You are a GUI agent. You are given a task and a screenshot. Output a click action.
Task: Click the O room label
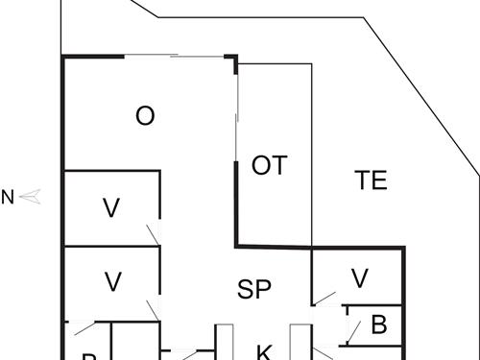click(145, 116)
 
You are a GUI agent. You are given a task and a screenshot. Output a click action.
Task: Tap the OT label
click(270, 165)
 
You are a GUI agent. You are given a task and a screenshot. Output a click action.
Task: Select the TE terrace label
click(371, 180)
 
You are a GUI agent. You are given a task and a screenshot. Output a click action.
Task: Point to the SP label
click(255, 287)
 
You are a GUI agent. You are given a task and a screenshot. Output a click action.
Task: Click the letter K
click(263, 351)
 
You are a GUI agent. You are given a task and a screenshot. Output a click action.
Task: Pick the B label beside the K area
click(378, 324)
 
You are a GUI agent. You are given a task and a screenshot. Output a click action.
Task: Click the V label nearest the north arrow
click(111, 206)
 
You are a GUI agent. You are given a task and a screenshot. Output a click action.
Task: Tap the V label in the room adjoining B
click(359, 278)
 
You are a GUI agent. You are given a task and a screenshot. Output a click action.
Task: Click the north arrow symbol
click(32, 198)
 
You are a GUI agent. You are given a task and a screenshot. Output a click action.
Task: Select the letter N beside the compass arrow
click(8, 199)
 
